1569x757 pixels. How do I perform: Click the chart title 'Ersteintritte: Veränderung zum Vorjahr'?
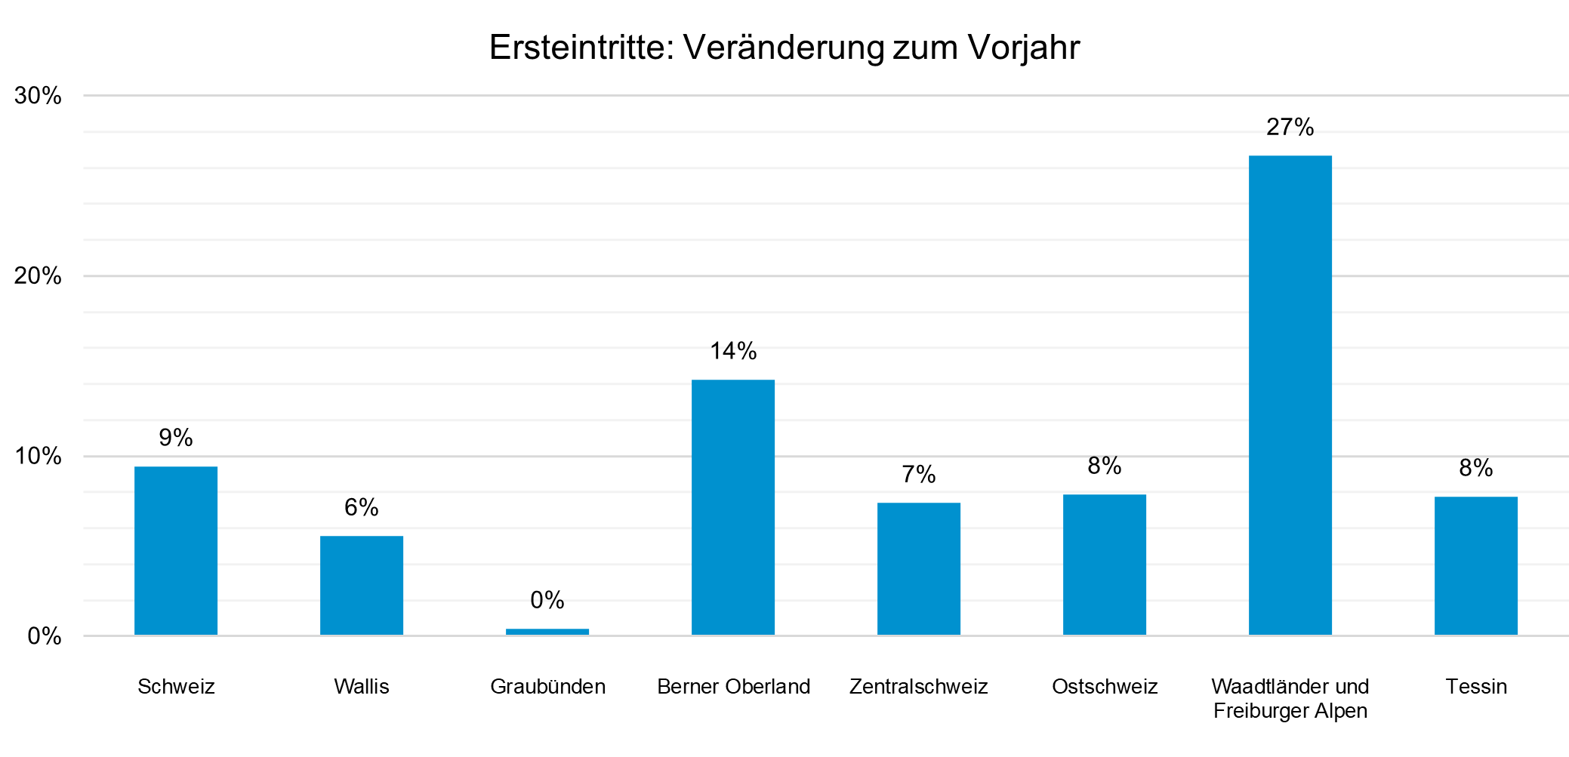click(784, 48)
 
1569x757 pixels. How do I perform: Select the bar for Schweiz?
click(176, 551)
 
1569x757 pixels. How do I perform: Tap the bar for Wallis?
click(362, 586)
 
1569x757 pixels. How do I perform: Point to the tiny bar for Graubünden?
click(547, 632)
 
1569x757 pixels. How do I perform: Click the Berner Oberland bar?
click(733, 507)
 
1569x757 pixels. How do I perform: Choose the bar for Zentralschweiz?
click(919, 569)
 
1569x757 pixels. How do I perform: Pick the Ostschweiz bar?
click(1105, 565)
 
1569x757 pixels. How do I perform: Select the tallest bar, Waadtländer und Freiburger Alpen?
click(1290, 395)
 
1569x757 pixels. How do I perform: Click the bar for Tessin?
click(1476, 566)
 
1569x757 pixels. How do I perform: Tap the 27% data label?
click(1290, 128)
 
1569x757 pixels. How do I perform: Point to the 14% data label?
click(733, 351)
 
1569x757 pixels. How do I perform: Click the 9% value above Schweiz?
click(176, 438)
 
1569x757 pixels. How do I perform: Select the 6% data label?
click(362, 507)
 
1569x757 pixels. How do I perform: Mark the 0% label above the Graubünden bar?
click(547, 600)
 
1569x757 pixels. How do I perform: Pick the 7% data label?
click(919, 474)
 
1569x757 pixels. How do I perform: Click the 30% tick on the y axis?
click(38, 96)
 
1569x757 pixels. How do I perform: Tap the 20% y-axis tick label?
click(38, 275)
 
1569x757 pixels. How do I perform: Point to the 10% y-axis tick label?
click(38, 456)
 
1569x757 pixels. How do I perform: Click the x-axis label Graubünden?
click(547, 687)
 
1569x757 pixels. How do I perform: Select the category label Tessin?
click(1476, 687)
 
